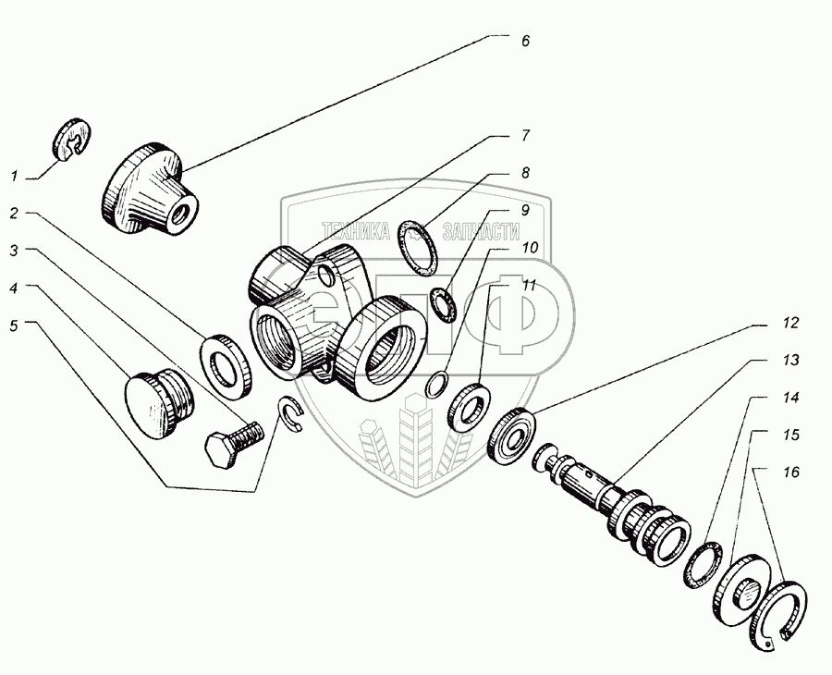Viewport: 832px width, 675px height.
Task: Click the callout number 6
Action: click(x=525, y=43)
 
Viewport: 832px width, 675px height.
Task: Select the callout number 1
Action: click(x=14, y=175)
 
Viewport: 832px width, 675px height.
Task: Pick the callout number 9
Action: click(x=524, y=210)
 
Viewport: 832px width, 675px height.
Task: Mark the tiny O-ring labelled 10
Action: click(x=440, y=382)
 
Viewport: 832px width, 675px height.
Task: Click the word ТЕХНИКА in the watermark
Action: click(x=356, y=231)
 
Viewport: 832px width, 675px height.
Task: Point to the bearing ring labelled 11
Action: click(x=470, y=405)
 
